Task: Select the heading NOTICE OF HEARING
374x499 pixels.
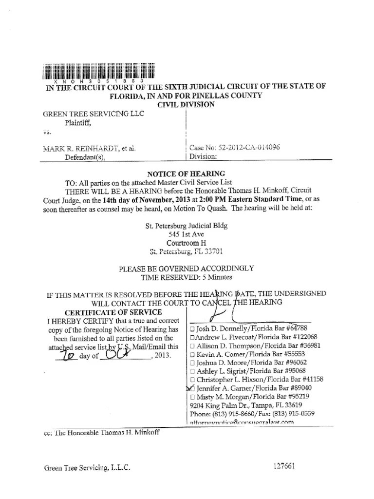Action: (187, 173)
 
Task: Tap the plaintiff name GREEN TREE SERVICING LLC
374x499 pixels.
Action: (93, 114)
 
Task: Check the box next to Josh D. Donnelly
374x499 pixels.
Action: (193, 328)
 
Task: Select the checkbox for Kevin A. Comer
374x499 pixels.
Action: (193, 354)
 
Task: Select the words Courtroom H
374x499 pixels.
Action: (187, 243)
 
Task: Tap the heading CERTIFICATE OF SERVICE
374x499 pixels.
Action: (113, 312)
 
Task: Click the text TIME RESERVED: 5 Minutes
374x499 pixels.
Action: (187, 277)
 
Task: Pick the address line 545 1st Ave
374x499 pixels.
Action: (187, 234)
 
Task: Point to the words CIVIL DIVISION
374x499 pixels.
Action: (186, 104)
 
